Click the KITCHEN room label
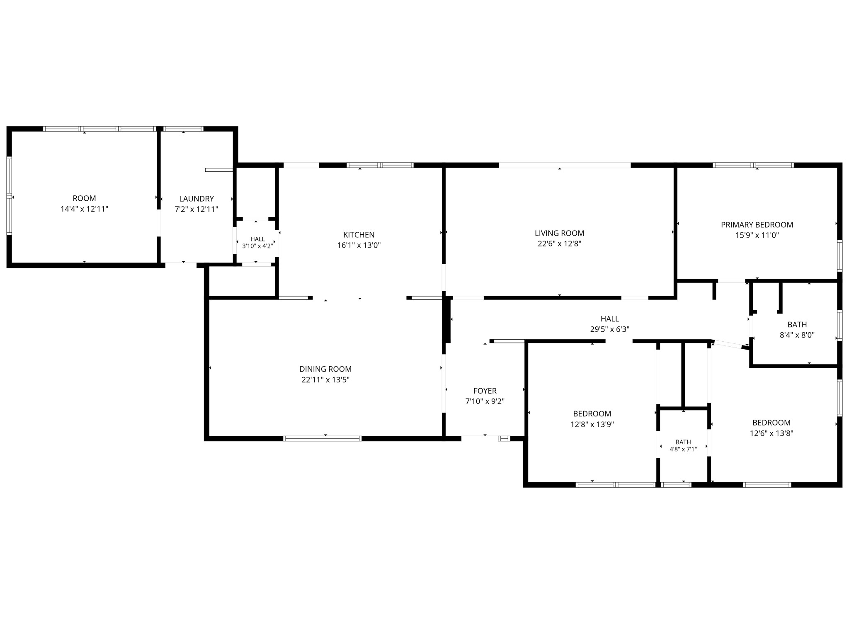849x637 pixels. tap(359, 235)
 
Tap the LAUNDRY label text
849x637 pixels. tap(196, 199)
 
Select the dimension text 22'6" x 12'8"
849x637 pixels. tap(559, 244)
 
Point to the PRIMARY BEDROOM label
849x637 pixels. tap(757, 225)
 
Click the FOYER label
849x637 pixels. tap(485, 391)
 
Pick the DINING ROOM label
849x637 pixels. tap(325, 369)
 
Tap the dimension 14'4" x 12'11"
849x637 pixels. tap(84, 209)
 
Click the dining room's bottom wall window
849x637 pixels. tap(323, 438)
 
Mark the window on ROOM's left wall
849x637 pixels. tap(9, 196)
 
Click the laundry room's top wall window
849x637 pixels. tap(183, 129)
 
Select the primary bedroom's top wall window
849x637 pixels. tap(753, 165)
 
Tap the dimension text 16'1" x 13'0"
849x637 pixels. tap(359, 246)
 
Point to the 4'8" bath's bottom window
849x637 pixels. tap(676, 484)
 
